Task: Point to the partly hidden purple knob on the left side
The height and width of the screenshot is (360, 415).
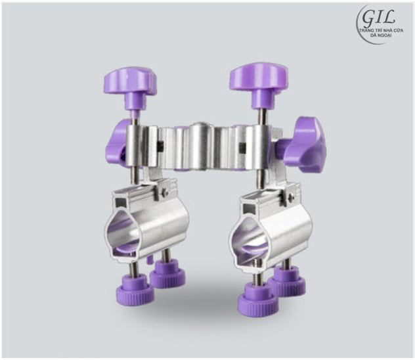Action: coord(116,145)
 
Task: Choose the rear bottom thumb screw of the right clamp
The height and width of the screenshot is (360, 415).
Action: coord(287,281)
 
